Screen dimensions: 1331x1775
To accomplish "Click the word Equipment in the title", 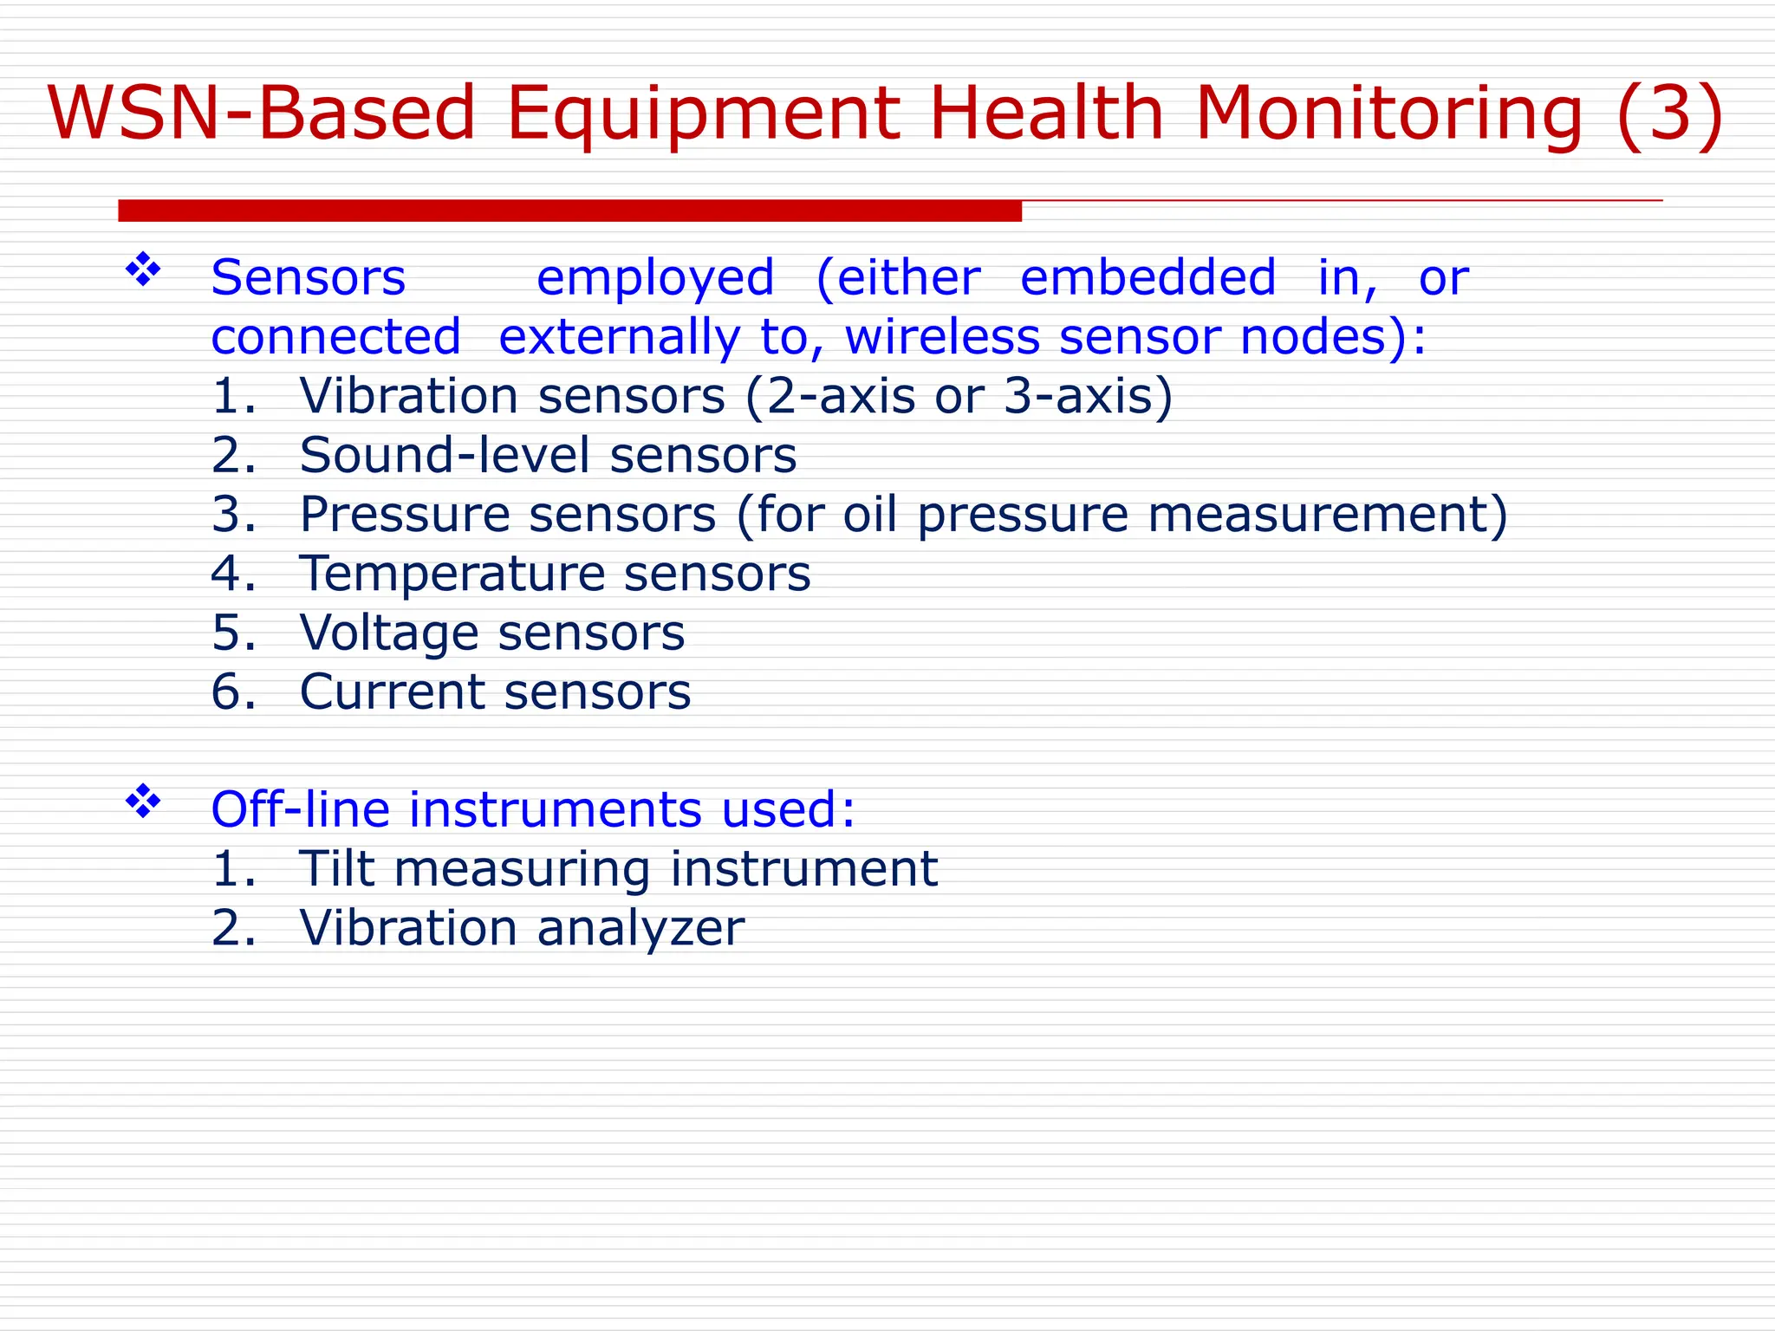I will (x=703, y=114).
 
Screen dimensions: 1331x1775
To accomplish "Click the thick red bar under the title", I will (x=569, y=211).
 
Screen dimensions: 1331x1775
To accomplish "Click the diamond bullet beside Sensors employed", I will (x=143, y=270).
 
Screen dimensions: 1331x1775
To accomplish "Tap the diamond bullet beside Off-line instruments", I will (x=143, y=802).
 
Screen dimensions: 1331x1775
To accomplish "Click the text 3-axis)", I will (x=1088, y=396).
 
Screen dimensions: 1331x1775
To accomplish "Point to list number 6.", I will (x=233, y=691).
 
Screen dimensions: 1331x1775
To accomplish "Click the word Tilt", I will (x=337, y=868).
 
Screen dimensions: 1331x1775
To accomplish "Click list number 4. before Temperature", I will (x=233, y=574).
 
